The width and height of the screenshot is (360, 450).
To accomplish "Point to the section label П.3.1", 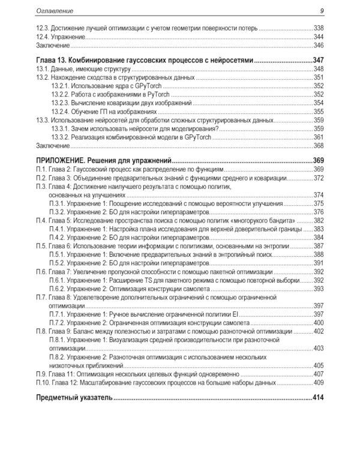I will (x=58, y=203).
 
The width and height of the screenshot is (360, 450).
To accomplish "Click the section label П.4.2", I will (x=58, y=238).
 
